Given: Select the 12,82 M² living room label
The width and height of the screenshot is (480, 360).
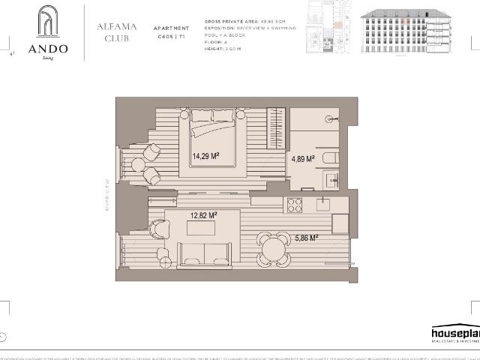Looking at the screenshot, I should (x=204, y=215).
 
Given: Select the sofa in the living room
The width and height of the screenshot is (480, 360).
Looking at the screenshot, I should (x=202, y=255).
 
